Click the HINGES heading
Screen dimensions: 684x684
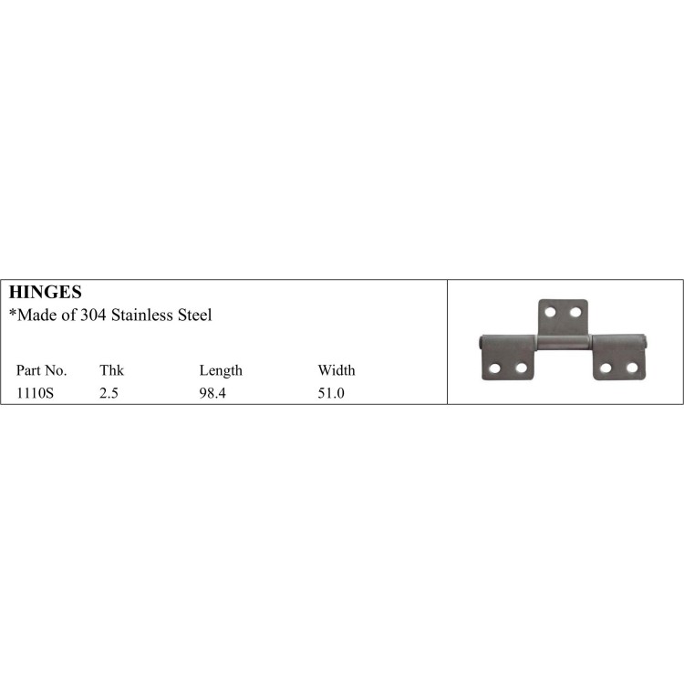[x=45, y=293]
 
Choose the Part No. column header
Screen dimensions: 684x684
[x=41, y=370]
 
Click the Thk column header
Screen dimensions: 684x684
[x=111, y=370]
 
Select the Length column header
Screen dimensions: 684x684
[x=221, y=370]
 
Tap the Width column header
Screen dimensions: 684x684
[x=337, y=370]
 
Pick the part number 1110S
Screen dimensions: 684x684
[x=35, y=394]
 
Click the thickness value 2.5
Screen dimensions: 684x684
[x=109, y=394]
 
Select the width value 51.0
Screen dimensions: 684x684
[x=331, y=394]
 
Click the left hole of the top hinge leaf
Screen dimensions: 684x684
[x=550, y=313]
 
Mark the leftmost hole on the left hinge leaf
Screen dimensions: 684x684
[x=495, y=368]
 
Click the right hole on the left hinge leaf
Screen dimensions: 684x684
[x=522, y=368]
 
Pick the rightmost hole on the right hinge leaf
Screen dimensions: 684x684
[x=631, y=368]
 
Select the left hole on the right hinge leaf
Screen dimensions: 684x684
[x=606, y=368]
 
